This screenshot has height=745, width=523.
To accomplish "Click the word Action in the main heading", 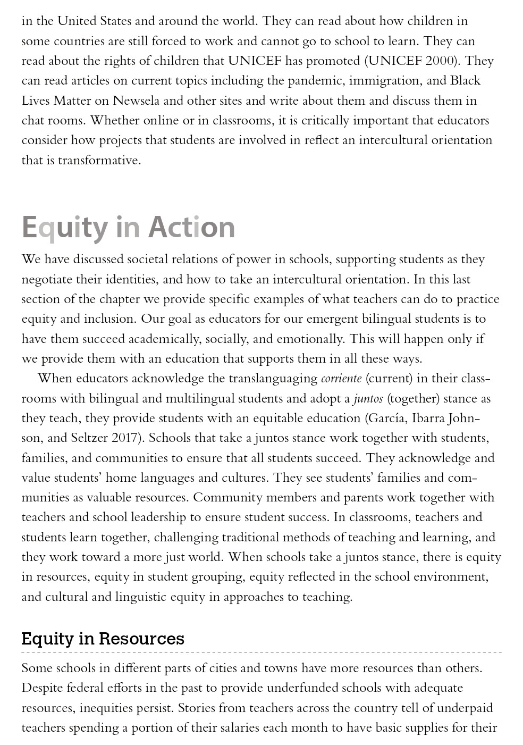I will (x=191, y=227).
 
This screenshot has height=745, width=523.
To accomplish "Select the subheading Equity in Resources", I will (x=103, y=638).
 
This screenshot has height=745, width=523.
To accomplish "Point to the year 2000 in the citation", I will (x=441, y=61).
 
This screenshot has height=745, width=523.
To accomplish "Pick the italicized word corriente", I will (x=341, y=379).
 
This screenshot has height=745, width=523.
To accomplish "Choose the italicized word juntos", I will (x=368, y=399).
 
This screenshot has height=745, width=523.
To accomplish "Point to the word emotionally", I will (x=310, y=339).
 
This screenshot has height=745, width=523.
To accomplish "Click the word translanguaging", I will (x=273, y=379).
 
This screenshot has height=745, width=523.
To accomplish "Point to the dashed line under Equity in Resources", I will (x=261, y=652).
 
